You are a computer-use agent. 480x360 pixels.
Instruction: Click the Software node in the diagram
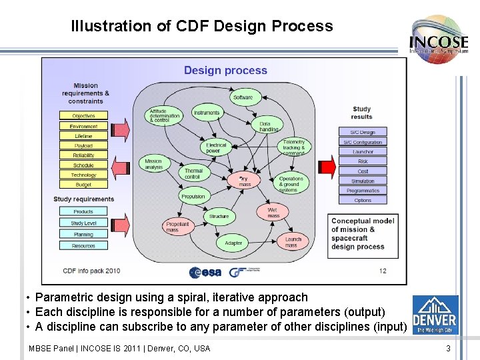243,97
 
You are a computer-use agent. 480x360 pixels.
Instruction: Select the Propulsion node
193,197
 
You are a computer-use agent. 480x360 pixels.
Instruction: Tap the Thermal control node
193,174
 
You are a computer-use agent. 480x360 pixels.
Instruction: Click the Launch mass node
293,242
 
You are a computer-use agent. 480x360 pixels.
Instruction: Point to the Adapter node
233,243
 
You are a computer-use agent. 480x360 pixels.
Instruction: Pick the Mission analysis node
153,164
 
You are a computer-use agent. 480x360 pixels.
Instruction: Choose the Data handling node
269,125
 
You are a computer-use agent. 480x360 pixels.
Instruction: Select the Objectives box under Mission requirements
83,116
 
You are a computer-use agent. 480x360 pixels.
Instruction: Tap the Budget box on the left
83,185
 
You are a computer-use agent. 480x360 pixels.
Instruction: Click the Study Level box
83,223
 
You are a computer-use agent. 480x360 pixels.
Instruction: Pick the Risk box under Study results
363,161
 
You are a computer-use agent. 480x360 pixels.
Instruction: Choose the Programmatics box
363,191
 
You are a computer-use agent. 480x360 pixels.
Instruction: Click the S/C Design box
363,132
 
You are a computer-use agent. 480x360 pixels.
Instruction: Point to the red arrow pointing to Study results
327,165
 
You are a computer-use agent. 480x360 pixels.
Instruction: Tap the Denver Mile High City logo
435,315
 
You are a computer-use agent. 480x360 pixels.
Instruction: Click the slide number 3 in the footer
449,348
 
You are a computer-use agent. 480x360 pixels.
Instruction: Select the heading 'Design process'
225,71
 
